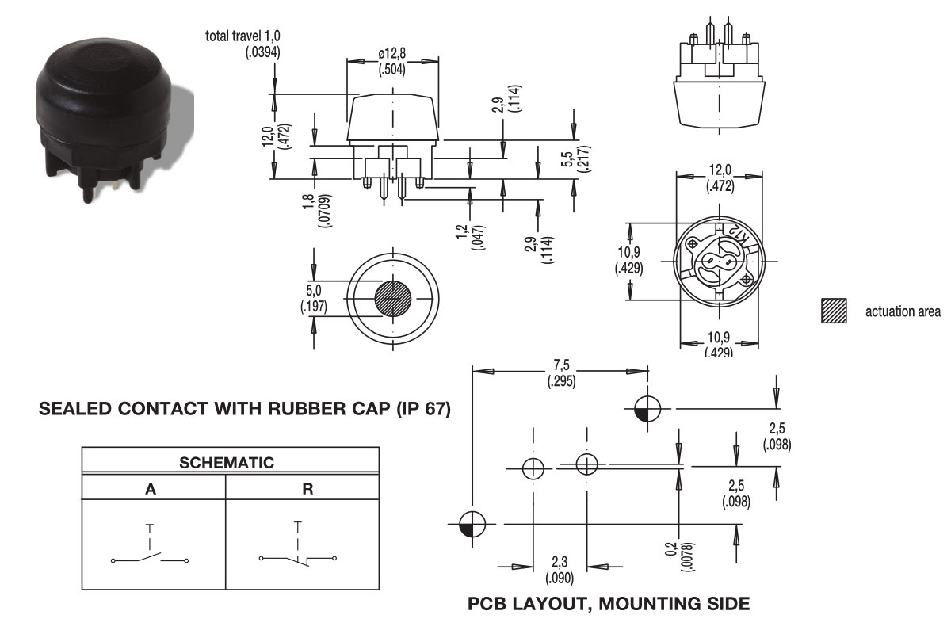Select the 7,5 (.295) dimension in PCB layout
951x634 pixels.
(x=561, y=373)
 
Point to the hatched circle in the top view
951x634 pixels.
(x=393, y=299)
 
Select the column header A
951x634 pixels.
(x=151, y=488)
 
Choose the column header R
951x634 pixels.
(x=307, y=488)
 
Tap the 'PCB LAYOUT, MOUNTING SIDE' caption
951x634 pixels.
(x=609, y=605)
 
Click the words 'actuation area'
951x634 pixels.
(x=903, y=311)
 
